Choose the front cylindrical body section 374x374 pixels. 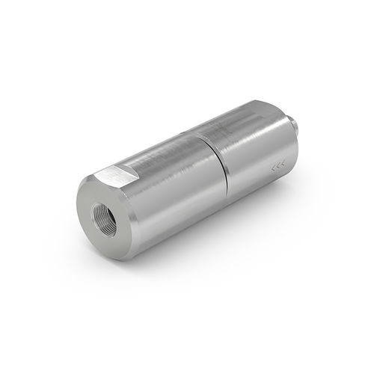(172, 194)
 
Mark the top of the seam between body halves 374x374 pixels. (209, 135)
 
